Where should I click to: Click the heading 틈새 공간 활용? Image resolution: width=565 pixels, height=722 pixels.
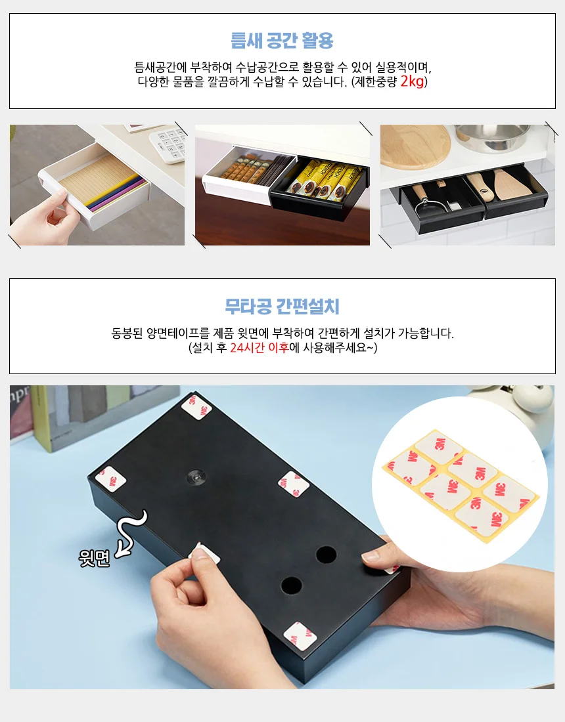pos(282,41)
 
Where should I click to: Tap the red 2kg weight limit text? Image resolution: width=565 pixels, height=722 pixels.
pos(412,81)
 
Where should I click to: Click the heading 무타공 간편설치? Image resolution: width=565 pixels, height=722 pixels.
pos(282,307)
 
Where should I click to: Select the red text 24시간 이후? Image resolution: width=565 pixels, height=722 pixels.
pos(260,348)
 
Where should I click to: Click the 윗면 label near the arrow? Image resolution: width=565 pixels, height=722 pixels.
pos(94,558)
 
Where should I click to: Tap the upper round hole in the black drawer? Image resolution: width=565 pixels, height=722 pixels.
pos(326,555)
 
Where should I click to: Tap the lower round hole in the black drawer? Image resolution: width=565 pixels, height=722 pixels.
pos(291,585)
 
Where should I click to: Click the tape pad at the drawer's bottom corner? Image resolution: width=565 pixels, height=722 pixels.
pos(300,635)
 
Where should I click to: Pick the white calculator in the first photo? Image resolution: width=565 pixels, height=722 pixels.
pos(168,143)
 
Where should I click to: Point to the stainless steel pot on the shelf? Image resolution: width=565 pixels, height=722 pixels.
pos(491,137)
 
